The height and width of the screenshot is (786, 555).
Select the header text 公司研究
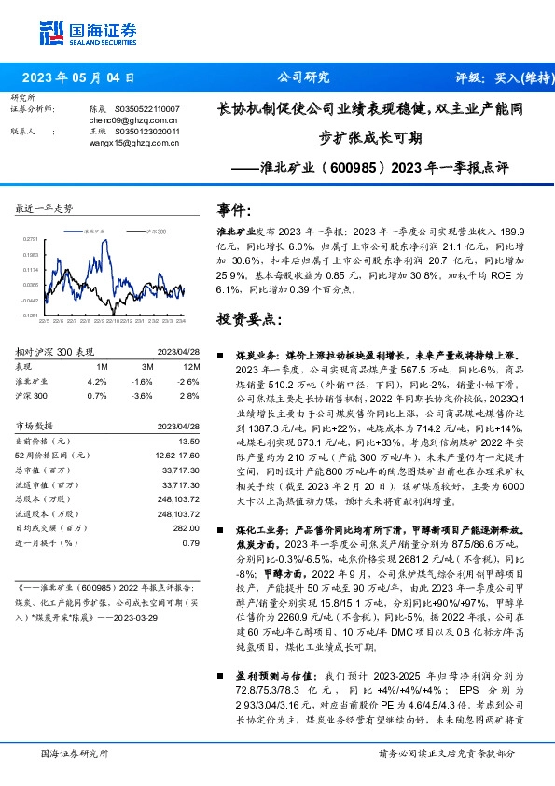[304, 77]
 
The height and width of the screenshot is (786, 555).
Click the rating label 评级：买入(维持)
[499, 78]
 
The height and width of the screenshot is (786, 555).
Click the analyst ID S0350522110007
[148, 109]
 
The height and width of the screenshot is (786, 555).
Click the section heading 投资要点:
[247, 319]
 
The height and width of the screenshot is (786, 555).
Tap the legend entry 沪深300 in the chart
[155, 231]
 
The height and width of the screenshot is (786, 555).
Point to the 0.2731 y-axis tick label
[30, 239]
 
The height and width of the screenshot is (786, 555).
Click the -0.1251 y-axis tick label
[30, 316]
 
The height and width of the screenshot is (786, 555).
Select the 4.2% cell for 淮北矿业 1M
[96, 382]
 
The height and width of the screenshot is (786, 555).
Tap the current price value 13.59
[188, 441]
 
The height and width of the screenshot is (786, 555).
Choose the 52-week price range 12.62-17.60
[175, 454]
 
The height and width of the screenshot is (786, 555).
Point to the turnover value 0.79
[190, 542]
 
